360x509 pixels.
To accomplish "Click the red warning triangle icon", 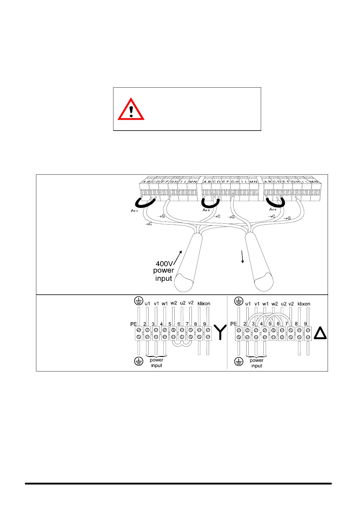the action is point(131,109).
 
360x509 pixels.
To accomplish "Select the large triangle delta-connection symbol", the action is point(320,334).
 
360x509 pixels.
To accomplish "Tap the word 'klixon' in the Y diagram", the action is point(204,303).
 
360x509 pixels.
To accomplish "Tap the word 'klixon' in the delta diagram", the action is point(304,304).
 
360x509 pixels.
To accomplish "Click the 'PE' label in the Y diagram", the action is point(133,324).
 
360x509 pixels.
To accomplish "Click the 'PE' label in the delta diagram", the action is point(234,324).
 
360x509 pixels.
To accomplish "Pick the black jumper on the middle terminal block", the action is point(210,203).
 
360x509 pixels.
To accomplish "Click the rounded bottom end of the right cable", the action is point(264,282).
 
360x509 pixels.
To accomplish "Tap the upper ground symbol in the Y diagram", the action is point(138,301).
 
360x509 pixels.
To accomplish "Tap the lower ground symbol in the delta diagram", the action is point(239,361).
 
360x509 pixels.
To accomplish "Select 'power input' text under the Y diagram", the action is point(156,363).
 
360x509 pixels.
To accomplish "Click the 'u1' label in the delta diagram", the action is point(248,304).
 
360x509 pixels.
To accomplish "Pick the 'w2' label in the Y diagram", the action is point(174,303).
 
